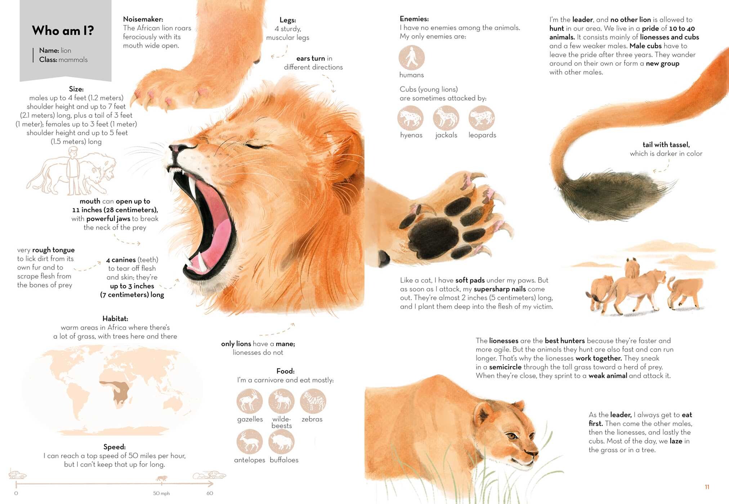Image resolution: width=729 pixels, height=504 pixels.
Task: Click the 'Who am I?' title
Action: [x=63, y=31]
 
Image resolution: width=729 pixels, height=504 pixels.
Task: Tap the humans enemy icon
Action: [x=412, y=58]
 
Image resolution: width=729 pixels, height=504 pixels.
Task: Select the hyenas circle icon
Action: [x=411, y=118]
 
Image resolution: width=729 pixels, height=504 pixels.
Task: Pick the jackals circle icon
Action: [x=446, y=118]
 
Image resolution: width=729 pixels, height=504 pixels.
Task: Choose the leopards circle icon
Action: [x=482, y=118]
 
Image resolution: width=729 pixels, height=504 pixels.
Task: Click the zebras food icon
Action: [x=313, y=401]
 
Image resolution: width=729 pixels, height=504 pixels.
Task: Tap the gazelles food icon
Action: [x=250, y=401]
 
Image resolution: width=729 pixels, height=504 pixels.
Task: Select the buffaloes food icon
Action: [x=281, y=442]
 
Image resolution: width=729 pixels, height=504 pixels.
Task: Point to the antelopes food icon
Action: [x=250, y=442]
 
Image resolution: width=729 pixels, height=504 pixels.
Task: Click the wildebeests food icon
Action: [x=281, y=401]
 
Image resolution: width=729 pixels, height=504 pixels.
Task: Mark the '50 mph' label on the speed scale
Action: [x=161, y=493]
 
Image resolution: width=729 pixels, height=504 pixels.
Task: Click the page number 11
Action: [x=707, y=487]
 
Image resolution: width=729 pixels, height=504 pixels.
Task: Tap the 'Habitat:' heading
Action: [x=115, y=318]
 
